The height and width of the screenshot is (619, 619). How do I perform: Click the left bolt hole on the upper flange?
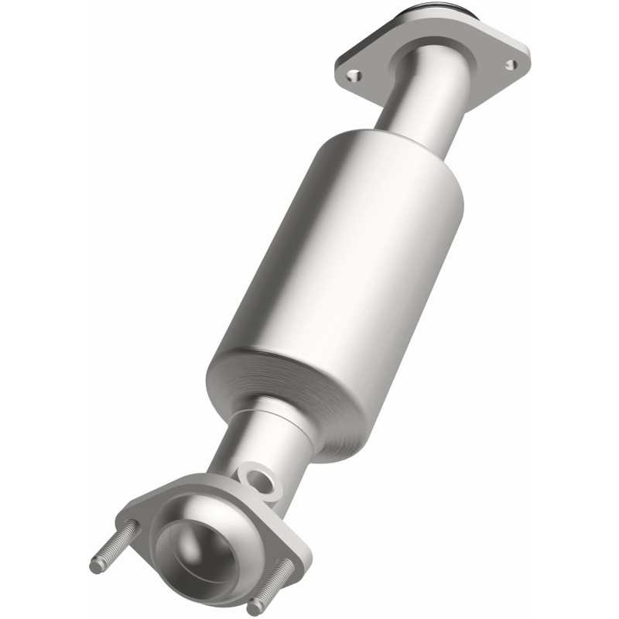point(354,75)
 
